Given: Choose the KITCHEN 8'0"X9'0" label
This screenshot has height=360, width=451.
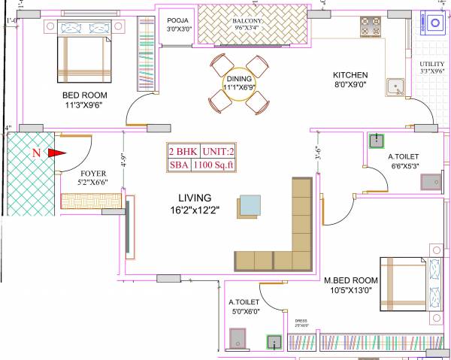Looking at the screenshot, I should click(x=350, y=80).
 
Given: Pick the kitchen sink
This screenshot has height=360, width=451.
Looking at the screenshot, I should click(x=394, y=89).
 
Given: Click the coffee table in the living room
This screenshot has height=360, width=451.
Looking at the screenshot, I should click(x=251, y=205).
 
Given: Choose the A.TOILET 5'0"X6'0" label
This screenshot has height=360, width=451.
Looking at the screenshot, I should click(x=244, y=308).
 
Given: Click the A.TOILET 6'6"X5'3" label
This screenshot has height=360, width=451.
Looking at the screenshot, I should click(x=404, y=162).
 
